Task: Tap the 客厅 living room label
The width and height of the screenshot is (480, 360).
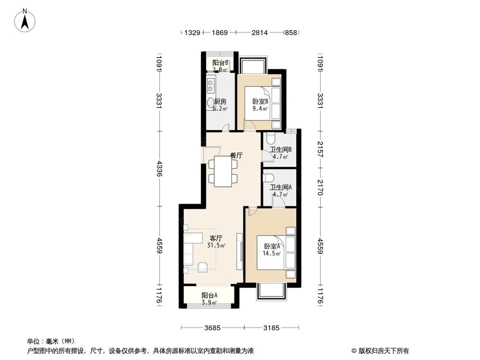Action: click(216, 239)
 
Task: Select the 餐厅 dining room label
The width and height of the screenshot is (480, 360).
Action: click(235, 156)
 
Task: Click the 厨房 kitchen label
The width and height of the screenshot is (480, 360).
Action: click(220, 102)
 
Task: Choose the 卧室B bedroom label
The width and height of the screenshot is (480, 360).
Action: click(260, 102)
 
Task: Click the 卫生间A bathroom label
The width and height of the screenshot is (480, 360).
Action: click(280, 188)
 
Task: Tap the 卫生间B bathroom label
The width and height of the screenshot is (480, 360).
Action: click(280, 149)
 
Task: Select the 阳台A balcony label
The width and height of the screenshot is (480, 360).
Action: click(209, 296)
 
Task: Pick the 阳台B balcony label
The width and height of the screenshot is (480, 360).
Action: click(220, 63)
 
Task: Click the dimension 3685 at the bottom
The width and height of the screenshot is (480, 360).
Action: click(212, 328)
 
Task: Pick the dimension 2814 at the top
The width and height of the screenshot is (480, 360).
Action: click(260, 33)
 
